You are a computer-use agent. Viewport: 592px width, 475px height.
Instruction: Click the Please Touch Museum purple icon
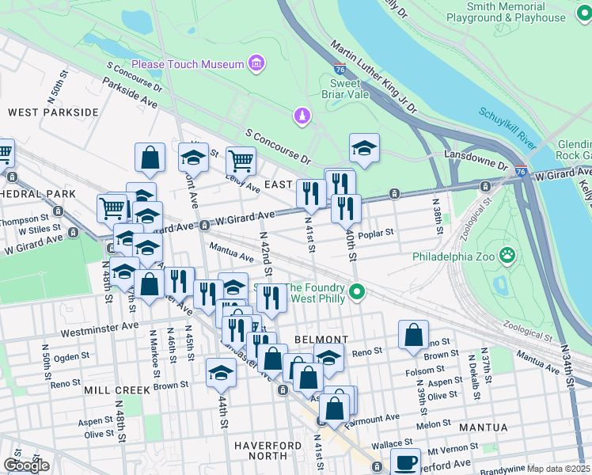256,63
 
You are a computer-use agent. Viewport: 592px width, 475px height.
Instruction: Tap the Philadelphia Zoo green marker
507,256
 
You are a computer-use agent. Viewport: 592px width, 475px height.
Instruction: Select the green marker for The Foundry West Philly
357,293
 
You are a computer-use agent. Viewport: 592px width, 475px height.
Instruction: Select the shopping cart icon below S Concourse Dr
241,161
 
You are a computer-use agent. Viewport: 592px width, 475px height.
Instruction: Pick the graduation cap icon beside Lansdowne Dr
364,148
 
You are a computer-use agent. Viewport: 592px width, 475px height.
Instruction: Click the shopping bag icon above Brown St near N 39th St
413,335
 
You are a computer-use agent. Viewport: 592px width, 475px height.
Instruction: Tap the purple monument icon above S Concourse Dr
301,117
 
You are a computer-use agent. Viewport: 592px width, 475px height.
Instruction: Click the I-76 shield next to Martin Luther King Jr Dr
340,70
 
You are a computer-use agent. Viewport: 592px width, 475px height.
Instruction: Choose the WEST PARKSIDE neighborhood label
53,112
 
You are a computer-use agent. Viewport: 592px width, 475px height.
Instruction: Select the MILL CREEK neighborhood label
117,390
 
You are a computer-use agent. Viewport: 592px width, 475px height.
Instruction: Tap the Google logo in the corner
25,465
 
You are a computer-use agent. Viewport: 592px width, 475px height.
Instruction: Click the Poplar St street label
377,234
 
